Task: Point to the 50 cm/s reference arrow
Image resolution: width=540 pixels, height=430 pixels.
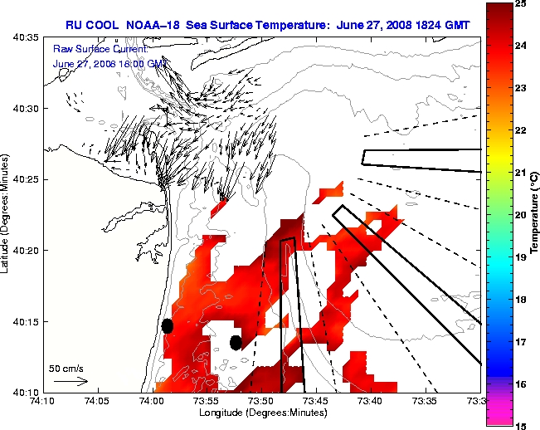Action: coord(70,381)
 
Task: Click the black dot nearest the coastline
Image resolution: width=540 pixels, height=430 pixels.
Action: coord(168,325)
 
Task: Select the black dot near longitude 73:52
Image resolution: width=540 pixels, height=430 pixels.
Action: coord(236,342)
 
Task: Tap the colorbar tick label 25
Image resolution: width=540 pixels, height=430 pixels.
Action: coord(519,4)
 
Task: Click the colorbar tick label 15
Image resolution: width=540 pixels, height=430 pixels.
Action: coord(519,425)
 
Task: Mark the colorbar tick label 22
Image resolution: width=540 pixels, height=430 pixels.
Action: coord(519,130)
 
